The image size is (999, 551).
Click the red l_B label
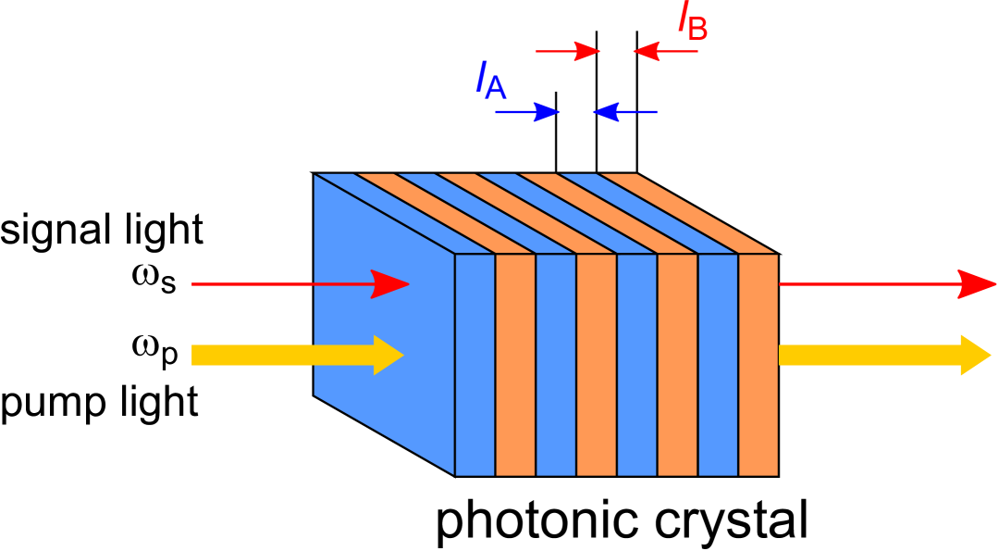coord(693,22)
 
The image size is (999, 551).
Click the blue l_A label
coord(490,81)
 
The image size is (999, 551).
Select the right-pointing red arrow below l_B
coord(569,51)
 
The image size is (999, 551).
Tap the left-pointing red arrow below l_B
coord(665,51)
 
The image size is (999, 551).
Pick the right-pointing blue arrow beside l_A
coord(528,112)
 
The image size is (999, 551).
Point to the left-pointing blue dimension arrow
coord(624,112)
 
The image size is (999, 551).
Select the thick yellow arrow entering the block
coord(296,356)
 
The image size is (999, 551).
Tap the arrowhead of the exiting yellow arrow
coord(975,356)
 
